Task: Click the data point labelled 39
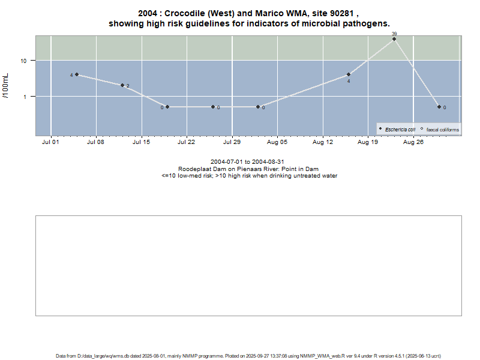point(394,39)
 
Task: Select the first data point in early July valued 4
point(77,74)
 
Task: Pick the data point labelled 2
point(122,85)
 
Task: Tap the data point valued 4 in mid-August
point(349,74)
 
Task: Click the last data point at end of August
point(439,107)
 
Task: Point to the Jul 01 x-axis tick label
point(50,143)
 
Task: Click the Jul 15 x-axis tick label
point(141,143)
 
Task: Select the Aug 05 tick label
point(277,143)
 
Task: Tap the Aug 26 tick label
point(413,143)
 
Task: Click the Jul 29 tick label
point(232,143)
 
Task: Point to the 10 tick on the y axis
point(25,61)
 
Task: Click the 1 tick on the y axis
point(26,97)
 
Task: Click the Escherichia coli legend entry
point(400,130)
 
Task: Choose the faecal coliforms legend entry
point(442,130)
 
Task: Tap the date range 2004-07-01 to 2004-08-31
point(247,162)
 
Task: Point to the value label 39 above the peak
point(394,34)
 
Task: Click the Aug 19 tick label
point(368,143)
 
